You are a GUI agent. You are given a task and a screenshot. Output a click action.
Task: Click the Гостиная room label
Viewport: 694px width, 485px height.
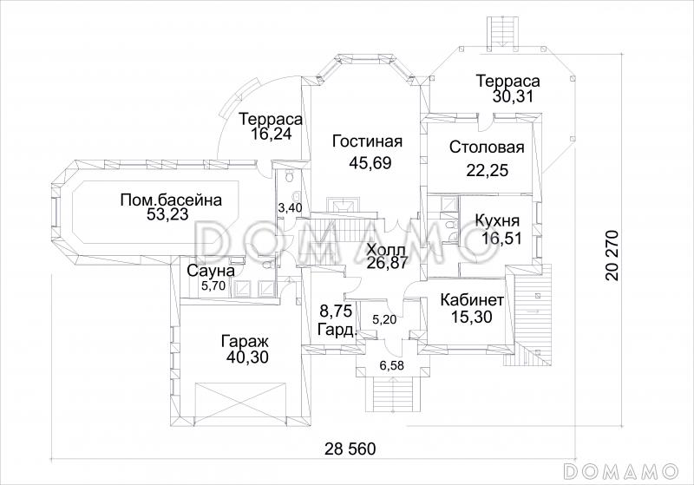367,141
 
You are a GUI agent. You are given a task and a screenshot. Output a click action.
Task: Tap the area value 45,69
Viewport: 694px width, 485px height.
370,163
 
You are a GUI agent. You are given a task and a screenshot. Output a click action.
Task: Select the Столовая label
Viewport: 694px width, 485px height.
487,147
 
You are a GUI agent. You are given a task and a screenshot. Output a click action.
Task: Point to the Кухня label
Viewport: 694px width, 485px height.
497,220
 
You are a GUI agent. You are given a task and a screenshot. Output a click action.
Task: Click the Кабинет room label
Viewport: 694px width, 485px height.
472,300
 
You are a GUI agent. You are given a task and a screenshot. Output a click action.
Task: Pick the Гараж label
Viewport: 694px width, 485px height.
246,342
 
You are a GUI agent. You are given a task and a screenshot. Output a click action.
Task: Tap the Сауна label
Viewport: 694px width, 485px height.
211,271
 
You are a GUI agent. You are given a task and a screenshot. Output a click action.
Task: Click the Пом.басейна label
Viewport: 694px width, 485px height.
171,200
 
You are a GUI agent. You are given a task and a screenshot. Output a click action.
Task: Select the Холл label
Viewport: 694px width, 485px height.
386,250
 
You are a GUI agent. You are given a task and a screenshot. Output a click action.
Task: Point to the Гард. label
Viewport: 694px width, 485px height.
337,330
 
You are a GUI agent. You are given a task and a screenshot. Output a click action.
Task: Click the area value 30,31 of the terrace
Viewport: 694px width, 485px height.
514,96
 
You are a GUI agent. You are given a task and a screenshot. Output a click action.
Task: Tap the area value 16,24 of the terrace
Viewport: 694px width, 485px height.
271,134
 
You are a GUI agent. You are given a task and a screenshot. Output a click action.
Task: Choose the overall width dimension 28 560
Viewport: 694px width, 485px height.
350,449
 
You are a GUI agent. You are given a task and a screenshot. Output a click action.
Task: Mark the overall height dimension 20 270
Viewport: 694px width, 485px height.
612,255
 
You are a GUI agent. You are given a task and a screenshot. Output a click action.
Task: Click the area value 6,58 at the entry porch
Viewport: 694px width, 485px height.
392,365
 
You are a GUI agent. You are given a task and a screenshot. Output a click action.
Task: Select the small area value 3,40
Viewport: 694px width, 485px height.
290,207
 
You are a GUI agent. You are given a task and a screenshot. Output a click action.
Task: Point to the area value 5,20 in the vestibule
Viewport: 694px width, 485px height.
384,318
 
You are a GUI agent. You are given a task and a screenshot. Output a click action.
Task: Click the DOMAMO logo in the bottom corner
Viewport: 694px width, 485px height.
621,469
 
